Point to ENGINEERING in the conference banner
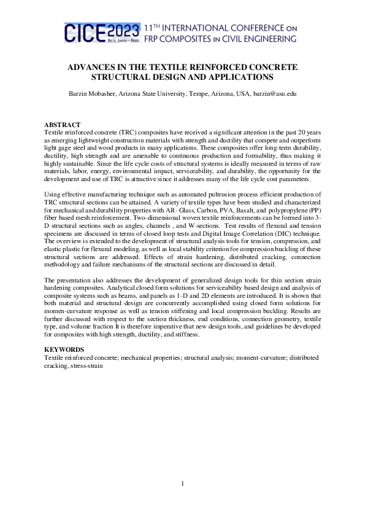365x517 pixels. pos(267,39)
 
